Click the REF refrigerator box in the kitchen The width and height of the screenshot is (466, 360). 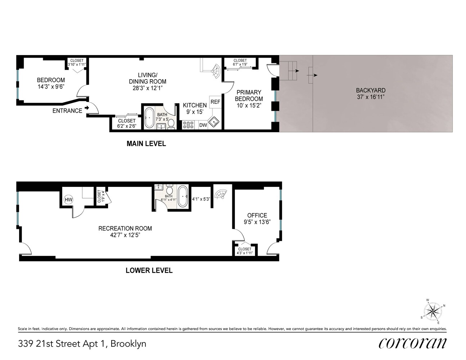tap(215, 102)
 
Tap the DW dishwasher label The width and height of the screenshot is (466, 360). tap(203, 125)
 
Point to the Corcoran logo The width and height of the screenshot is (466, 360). tap(412, 343)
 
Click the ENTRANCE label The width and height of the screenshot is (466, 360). tap(67, 111)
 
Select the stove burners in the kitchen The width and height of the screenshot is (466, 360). tap(188, 125)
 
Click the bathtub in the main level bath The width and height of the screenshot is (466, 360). tap(149, 118)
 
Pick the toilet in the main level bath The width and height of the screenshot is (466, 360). tap(171, 123)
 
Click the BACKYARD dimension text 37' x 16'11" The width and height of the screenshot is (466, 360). tap(371, 97)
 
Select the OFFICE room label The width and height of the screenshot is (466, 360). tap(257, 215)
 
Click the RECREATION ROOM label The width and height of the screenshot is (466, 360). tap(125, 228)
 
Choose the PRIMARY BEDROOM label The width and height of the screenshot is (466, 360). tap(249, 95)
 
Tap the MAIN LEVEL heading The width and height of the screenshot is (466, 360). tap(146, 144)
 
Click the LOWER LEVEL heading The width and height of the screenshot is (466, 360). tap(149, 270)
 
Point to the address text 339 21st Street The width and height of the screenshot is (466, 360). tap(82, 343)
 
